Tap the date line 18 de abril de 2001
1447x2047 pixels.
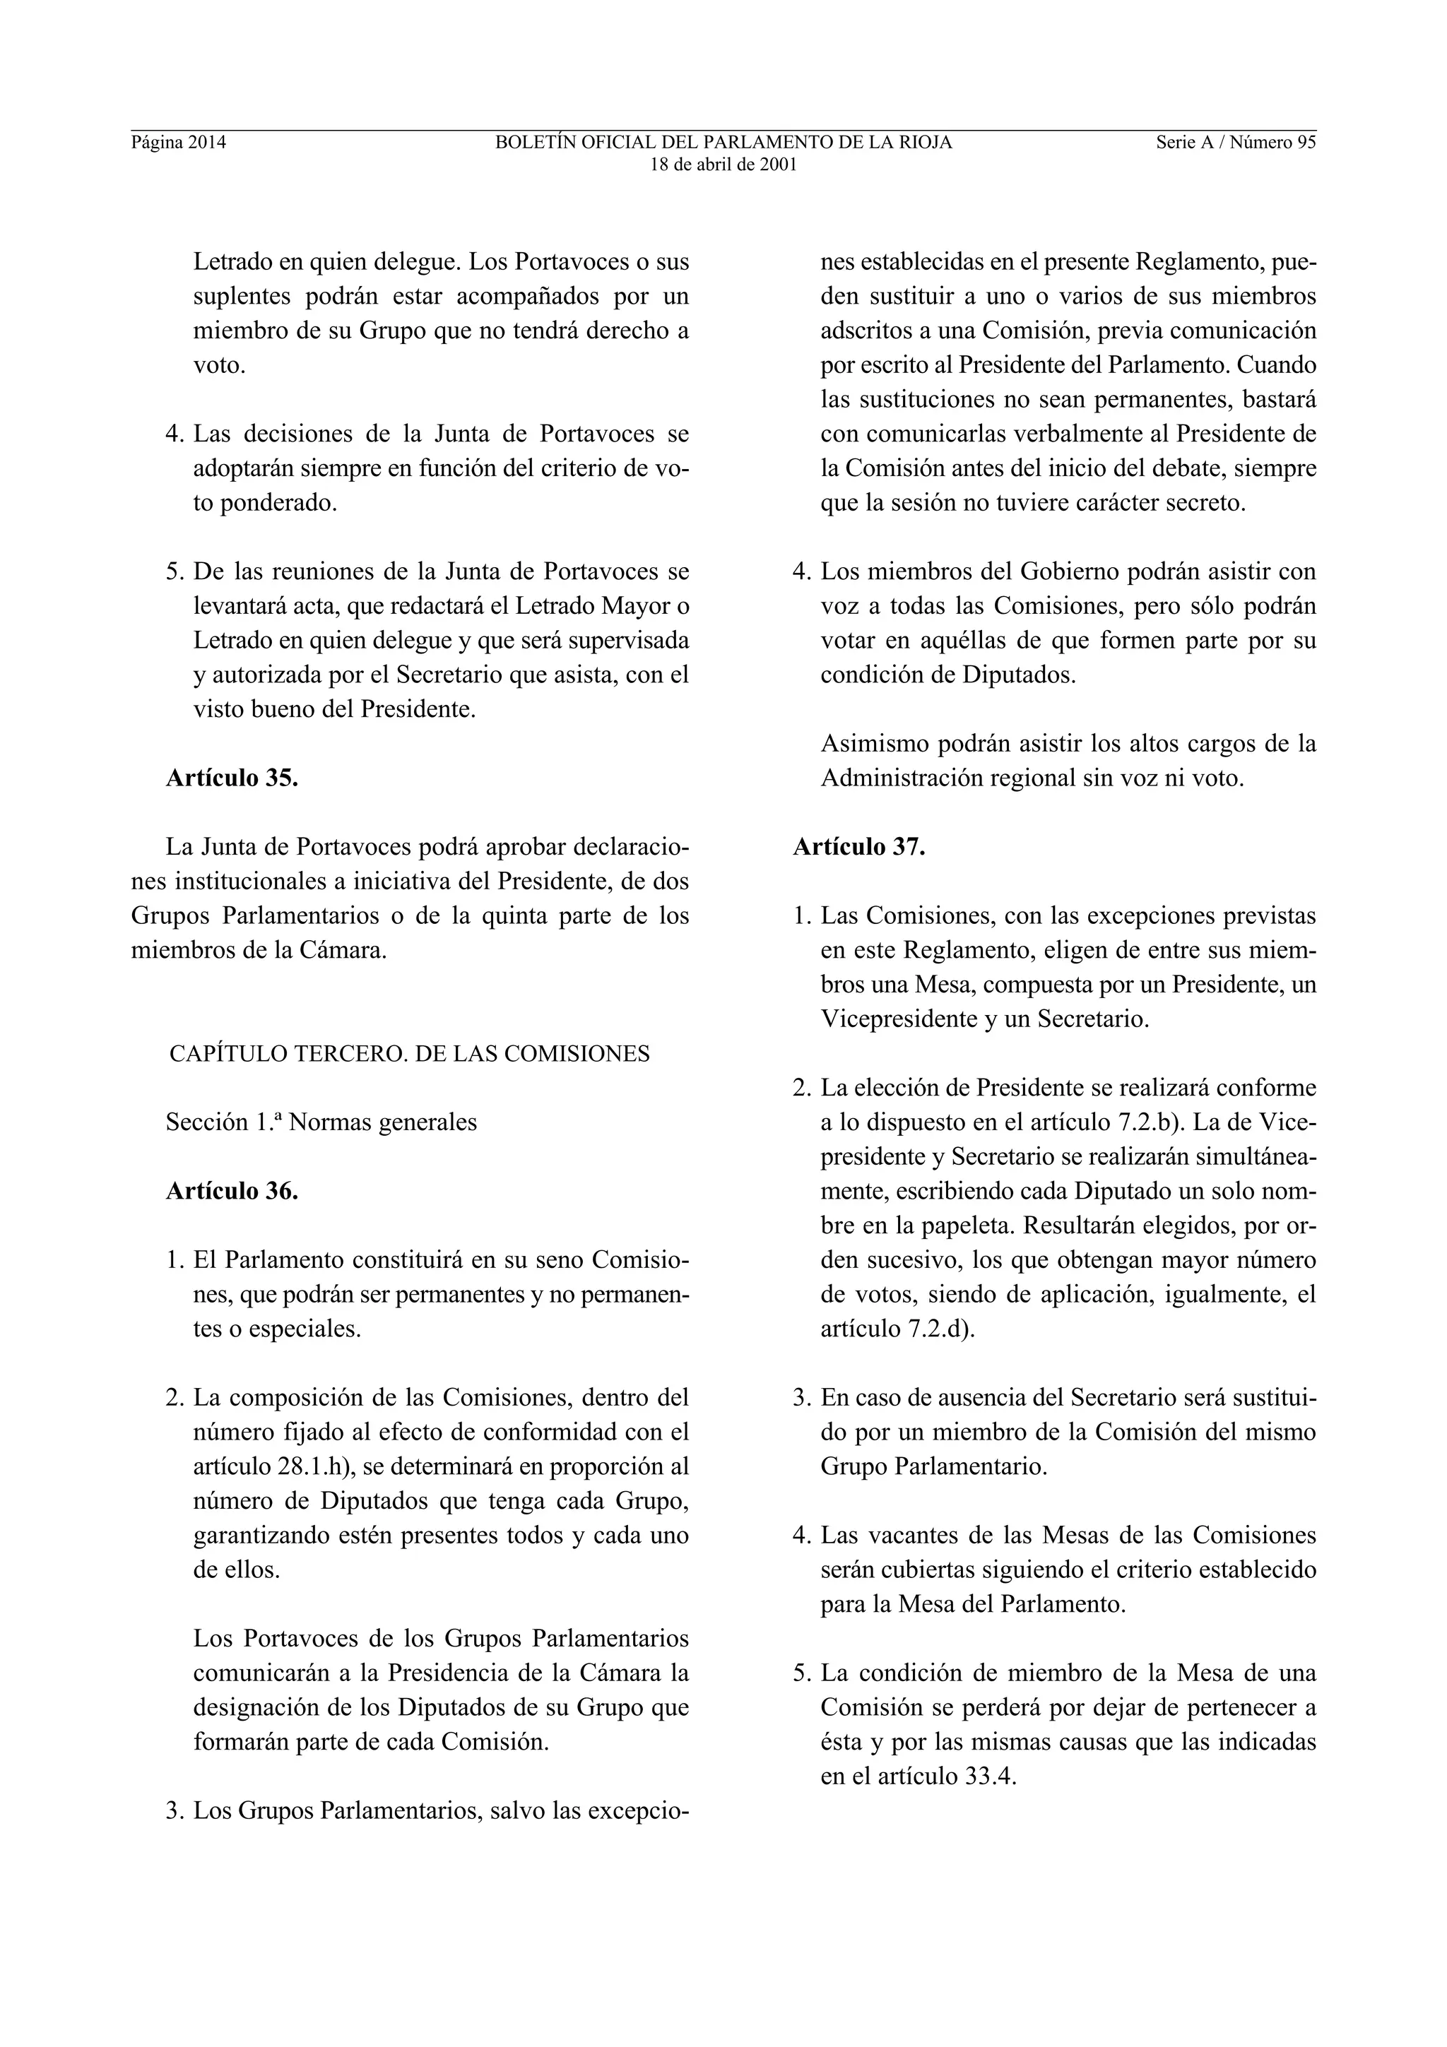[723, 165]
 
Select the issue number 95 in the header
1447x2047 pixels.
[1306, 143]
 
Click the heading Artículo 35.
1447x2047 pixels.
[232, 778]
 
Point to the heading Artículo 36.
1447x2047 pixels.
[232, 1190]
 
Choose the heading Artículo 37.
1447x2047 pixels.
[859, 846]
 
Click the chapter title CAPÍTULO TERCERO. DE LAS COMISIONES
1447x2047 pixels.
[409, 1054]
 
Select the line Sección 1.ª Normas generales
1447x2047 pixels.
[321, 1122]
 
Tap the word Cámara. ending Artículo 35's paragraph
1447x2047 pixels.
[343, 949]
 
